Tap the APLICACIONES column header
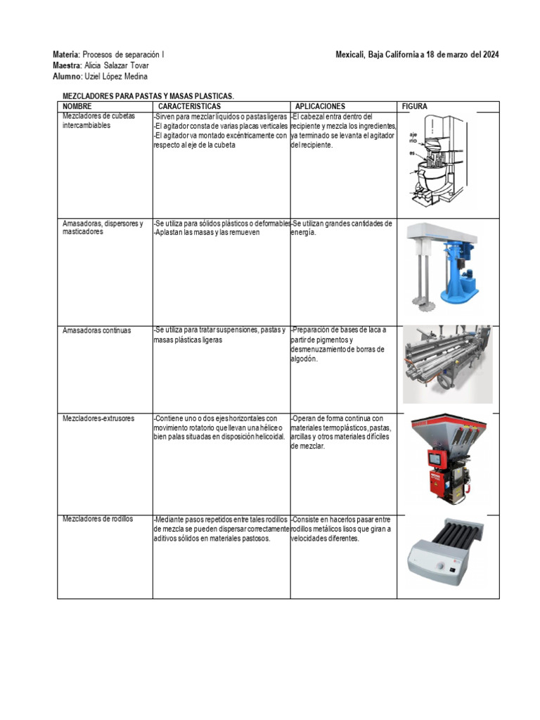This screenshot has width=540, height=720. pyautogui.click(x=320, y=106)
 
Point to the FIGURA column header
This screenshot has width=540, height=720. pyautogui.click(x=414, y=106)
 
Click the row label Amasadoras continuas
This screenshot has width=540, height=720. pyautogui.click(x=96, y=330)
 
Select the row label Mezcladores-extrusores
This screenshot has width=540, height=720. pyautogui.click(x=98, y=418)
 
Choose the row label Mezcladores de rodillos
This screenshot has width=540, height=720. pyautogui.click(x=98, y=519)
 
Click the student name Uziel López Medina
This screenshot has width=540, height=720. pyautogui.click(x=116, y=76)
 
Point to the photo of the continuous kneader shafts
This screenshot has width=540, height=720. pyautogui.click(x=447, y=363)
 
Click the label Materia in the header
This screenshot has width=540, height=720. pyautogui.click(x=66, y=55)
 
